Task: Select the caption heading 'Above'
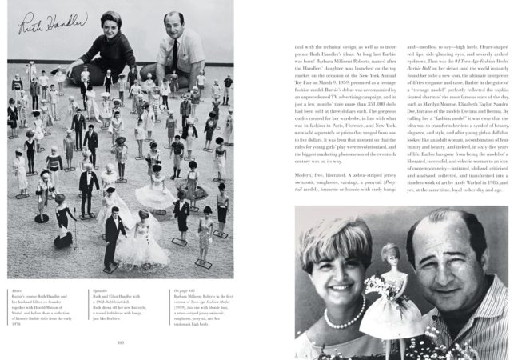(x=14, y=290)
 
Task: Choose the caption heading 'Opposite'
(x=95, y=290)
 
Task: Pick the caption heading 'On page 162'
(x=181, y=290)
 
